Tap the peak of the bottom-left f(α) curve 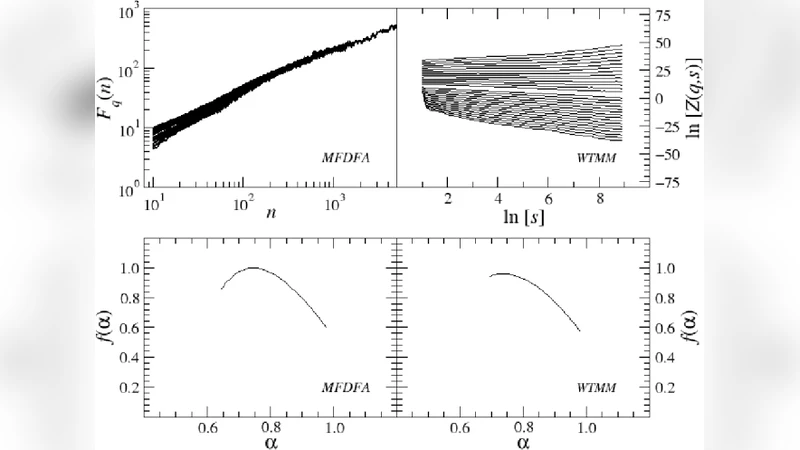pyautogui.click(x=253, y=268)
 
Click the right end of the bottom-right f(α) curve pyautogui.click(x=580, y=331)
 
